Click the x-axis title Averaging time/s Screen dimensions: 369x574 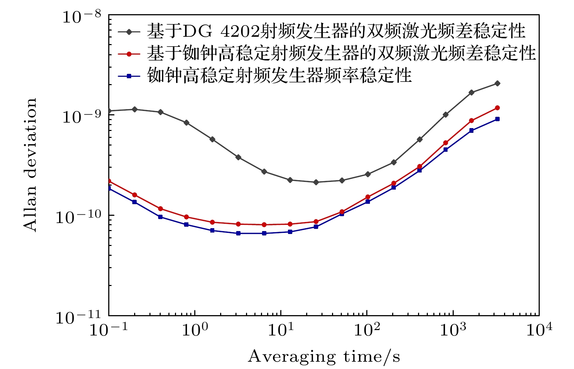324,357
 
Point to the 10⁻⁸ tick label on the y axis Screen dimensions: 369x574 82,17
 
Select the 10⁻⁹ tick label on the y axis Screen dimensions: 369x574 82,117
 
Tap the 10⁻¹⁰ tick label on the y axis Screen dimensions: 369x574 78,217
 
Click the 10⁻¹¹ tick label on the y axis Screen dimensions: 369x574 78,317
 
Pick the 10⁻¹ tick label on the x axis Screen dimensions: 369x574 109,330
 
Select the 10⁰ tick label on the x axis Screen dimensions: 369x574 195,330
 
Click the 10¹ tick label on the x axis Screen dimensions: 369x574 281,330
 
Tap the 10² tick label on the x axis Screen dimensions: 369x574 367,330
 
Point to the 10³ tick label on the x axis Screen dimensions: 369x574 453,330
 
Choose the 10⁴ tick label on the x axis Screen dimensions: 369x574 539,330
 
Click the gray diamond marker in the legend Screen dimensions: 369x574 129,32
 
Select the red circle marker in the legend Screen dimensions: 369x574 129,54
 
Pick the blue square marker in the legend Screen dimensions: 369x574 129,76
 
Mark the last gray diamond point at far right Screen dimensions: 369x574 497,83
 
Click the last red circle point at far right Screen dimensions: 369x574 497,108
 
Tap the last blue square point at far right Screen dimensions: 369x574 497,119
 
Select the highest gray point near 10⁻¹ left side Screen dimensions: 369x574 135,109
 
